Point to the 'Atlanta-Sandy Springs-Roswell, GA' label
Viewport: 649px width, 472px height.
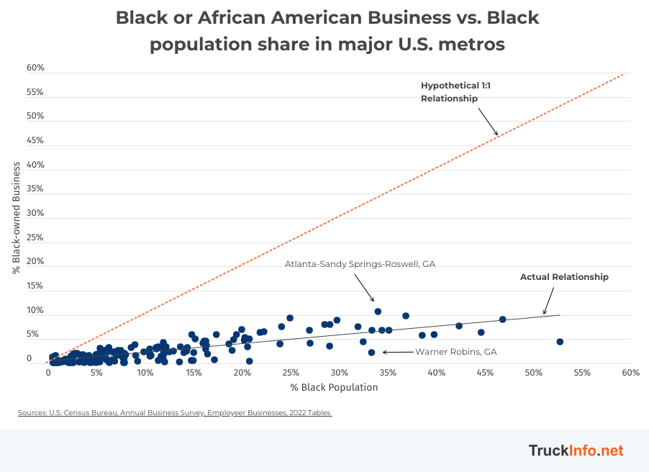360,264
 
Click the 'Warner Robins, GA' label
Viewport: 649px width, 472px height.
455,352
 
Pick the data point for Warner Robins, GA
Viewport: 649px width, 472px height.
371,353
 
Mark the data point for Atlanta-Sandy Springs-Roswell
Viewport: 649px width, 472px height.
378,312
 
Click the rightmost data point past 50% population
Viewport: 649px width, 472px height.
560,342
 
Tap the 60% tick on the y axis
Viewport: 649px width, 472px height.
35,68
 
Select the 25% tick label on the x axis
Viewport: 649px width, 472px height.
291,373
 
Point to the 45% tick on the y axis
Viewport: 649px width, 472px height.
35,140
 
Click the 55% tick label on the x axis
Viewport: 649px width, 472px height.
582,373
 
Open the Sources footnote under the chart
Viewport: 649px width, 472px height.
175,413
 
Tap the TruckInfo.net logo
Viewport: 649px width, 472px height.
576,451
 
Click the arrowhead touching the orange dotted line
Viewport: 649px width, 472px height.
495,132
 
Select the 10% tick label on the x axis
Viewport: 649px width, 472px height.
145,373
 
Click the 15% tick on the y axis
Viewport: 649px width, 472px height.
35,286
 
